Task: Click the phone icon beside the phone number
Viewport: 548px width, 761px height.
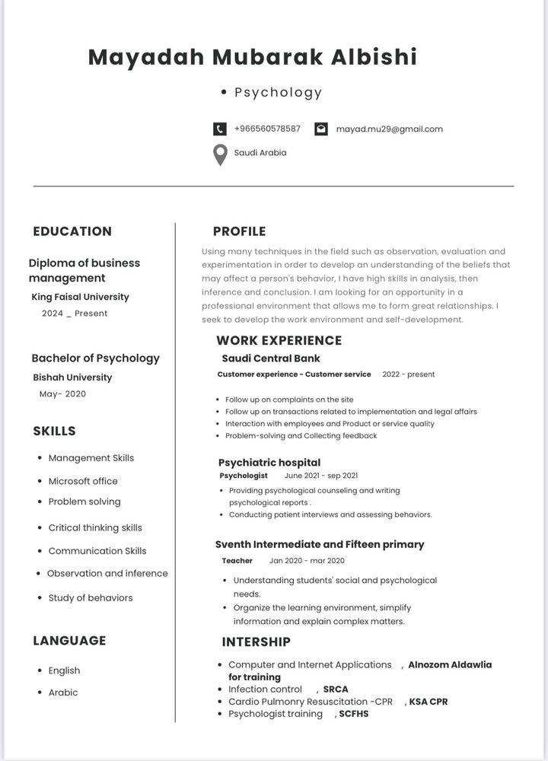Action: [x=220, y=129]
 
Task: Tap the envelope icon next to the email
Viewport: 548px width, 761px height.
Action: [x=321, y=129]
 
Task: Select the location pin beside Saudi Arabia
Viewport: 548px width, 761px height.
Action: [x=220, y=154]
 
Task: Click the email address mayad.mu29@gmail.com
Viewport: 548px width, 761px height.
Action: [x=389, y=129]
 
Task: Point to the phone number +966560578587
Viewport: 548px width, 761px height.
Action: [x=267, y=129]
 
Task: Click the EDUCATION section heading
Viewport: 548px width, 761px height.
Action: [x=72, y=231]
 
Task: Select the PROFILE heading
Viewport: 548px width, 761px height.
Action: [x=239, y=231]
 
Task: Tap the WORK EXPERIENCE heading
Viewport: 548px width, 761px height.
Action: [x=279, y=340]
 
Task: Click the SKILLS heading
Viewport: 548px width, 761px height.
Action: [x=54, y=431]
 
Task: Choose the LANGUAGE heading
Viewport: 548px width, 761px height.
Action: [x=69, y=641]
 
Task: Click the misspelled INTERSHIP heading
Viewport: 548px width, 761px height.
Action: [x=256, y=642]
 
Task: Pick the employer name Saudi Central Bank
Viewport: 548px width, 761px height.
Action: [x=271, y=358]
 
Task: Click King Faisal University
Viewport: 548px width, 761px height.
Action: [x=81, y=297]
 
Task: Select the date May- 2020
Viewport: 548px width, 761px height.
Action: [x=62, y=394]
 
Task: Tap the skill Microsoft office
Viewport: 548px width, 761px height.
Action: [x=83, y=481]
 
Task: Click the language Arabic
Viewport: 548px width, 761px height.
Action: [x=63, y=693]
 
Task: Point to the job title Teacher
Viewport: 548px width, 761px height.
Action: [x=237, y=561]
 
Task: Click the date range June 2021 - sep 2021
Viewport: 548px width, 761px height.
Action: [x=320, y=476]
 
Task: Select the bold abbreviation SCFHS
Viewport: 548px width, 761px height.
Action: [x=354, y=714]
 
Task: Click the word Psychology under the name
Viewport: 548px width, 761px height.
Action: [x=278, y=93]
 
